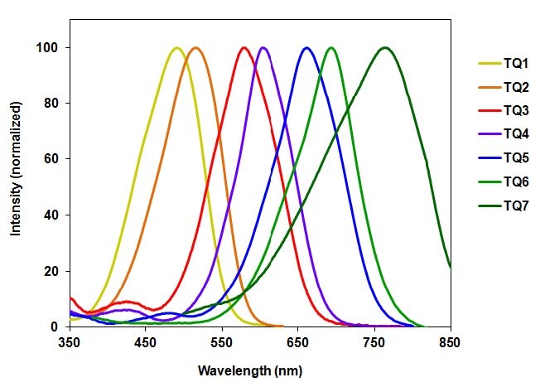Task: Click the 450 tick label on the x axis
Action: point(146,340)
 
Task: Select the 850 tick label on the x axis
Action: point(451,340)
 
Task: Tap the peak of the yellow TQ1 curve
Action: point(176,48)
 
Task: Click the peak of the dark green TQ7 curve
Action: point(384,48)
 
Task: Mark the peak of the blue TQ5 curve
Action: point(306,48)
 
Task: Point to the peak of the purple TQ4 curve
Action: point(264,48)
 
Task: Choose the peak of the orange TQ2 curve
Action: point(195,48)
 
